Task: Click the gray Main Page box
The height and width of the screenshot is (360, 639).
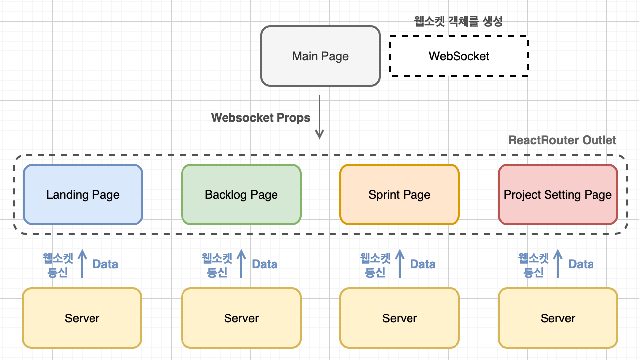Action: [320, 56]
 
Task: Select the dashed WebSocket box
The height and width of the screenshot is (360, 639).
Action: [458, 56]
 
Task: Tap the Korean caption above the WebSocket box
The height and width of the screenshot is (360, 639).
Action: [458, 22]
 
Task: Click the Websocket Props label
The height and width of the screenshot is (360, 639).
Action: [261, 118]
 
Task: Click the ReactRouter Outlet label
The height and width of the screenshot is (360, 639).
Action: [562, 140]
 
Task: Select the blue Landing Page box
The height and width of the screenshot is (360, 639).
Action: [83, 194]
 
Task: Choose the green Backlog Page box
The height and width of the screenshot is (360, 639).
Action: [241, 194]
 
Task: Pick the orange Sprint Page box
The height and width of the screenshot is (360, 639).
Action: [399, 194]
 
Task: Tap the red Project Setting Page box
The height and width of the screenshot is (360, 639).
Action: [557, 194]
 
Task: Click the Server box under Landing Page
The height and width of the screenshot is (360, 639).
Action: [82, 318]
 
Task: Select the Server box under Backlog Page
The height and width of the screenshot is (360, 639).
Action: [241, 318]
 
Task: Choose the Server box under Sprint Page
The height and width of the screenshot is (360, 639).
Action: [399, 318]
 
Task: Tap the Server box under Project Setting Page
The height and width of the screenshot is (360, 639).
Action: [557, 318]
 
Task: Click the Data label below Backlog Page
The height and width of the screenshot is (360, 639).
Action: [265, 264]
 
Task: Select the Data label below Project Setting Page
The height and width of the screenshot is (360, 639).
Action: [581, 264]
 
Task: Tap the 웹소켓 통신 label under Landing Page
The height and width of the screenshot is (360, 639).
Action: [58, 265]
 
